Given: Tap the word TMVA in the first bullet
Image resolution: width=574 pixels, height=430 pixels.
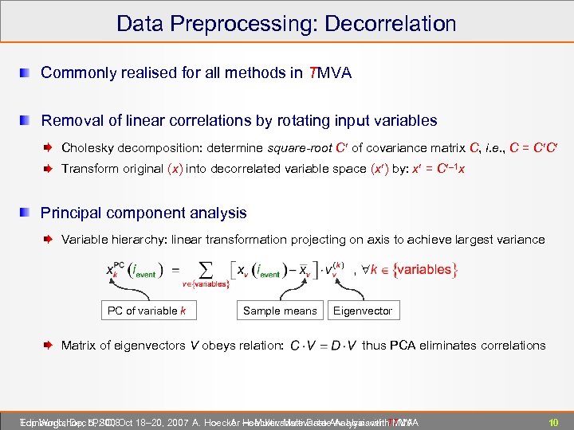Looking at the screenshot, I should pos(331,73).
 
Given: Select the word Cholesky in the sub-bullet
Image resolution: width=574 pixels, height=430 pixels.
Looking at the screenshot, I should pos(88,147).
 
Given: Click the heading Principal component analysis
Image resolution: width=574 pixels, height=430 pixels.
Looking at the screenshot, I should pos(143,213).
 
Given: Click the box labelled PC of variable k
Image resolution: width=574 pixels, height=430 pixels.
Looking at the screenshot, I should pos(147,311).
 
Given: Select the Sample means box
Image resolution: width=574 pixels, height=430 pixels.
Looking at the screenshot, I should pos(280,311).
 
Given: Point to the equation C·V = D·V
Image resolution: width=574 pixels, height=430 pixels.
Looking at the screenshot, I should pos(323,346).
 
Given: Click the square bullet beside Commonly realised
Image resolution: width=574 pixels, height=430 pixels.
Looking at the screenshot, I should pos(27,73).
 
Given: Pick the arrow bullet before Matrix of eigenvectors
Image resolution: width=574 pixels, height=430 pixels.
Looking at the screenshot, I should pos(49,346).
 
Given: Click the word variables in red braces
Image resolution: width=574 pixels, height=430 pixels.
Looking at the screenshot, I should pos(423,270).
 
